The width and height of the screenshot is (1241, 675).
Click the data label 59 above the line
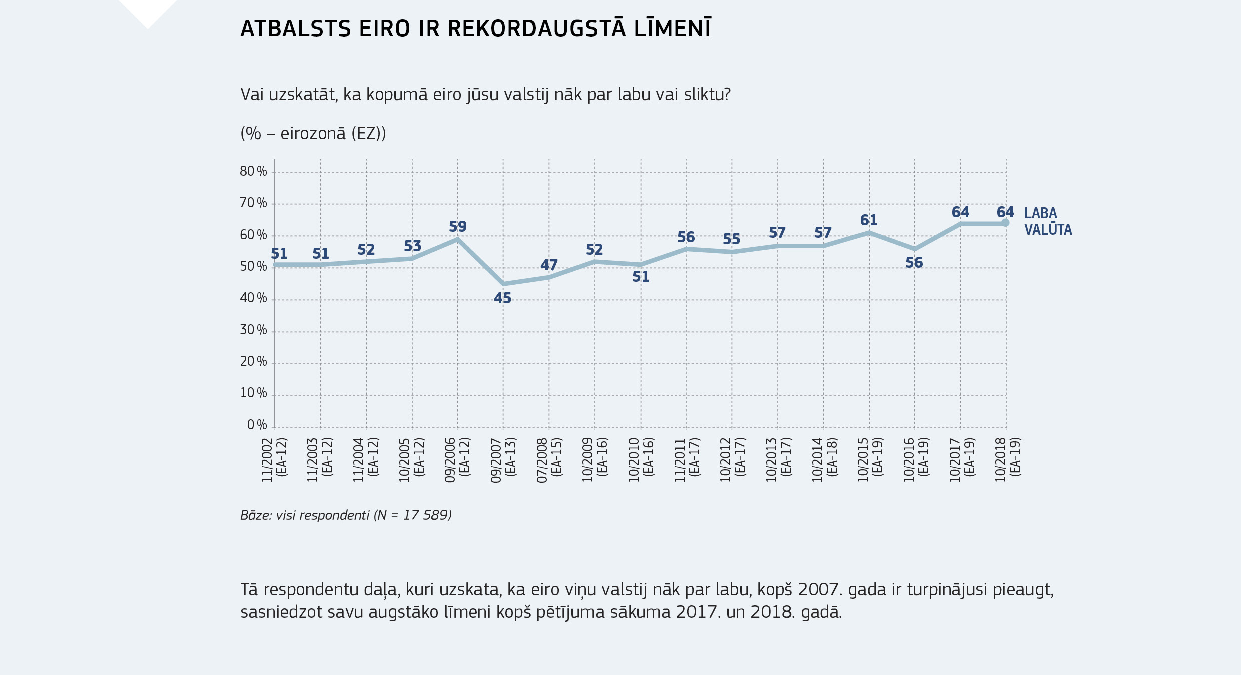coord(457,227)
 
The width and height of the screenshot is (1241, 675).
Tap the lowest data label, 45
coord(502,298)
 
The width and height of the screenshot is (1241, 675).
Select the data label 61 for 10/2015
coord(869,220)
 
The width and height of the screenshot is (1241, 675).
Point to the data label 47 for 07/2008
coord(549,265)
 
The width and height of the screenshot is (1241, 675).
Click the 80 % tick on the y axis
coord(253,172)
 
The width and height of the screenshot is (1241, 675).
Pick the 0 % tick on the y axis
coord(257,425)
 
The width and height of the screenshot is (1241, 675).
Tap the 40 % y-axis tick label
coord(253,298)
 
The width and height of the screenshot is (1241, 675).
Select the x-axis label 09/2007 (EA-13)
coord(503,460)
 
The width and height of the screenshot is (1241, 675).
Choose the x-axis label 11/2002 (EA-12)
coord(274,460)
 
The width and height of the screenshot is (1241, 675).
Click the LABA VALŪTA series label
coord(1047,221)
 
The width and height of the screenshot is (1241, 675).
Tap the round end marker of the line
coord(1005,223)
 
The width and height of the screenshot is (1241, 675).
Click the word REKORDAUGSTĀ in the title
coord(536,29)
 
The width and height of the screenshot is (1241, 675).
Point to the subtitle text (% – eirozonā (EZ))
coord(313,134)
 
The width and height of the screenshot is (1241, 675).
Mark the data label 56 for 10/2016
coord(914,263)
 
